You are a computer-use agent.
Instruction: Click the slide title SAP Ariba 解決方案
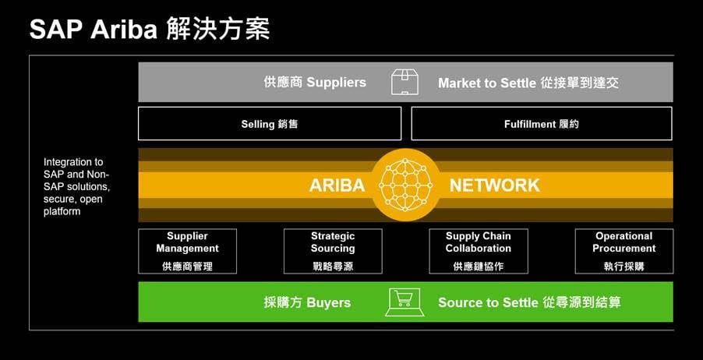(x=150, y=29)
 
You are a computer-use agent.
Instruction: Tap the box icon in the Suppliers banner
(x=404, y=83)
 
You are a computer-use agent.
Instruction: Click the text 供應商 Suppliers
(x=315, y=83)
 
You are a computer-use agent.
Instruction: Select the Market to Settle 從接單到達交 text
(x=528, y=83)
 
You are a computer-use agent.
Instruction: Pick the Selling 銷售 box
(x=270, y=124)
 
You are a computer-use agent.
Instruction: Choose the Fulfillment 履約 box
(x=542, y=124)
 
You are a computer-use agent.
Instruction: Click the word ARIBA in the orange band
(x=337, y=185)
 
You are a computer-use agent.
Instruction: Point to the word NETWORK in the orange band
(x=494, y=185)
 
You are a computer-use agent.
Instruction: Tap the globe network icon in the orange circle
(x=405, y=185)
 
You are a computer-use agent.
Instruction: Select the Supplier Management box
(x=187, y=250)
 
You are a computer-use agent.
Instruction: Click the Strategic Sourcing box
(x=333, y=250)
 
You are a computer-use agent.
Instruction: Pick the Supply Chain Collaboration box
(x=479, y=250)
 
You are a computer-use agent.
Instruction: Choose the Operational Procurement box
(x=624, y=250)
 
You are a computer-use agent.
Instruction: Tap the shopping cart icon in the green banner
(x=404, y=302)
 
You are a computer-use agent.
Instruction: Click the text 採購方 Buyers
(x=307, y=302)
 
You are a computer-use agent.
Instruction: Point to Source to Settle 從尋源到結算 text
(x=529, y=302)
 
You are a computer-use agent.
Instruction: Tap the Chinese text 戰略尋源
(x=333, y=266)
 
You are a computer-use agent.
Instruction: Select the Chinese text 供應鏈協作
(x=479, y=266)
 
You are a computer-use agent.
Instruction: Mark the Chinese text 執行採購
(x=624, y=266)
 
